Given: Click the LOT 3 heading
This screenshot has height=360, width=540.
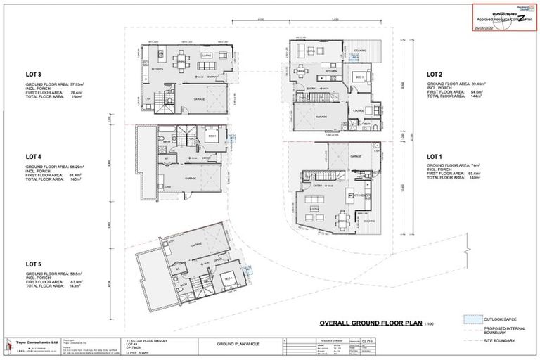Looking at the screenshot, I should [x=34, y=74].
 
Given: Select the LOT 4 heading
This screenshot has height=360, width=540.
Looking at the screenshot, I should [x=34, y=156].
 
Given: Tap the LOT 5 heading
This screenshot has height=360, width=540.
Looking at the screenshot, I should [x=34, y=264].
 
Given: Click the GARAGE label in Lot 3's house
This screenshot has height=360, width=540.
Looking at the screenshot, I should [x=200, y=100].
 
